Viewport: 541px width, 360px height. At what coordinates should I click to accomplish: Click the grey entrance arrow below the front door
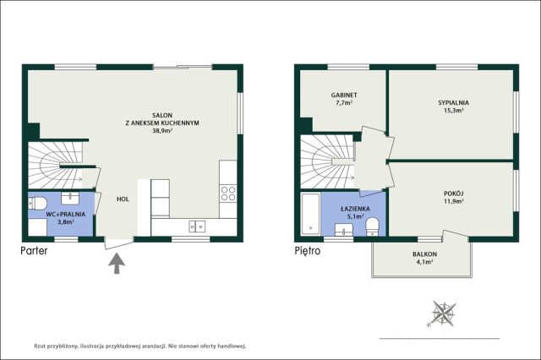[117, 263]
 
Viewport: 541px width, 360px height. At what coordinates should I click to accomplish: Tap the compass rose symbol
[443, 314]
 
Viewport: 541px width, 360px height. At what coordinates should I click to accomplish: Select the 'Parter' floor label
[34, 251]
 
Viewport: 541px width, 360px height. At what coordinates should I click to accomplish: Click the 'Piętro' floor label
[308, 251]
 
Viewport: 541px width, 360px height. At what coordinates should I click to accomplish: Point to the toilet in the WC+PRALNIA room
[37, 203]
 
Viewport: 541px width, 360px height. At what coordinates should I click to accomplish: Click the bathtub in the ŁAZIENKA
[310, 214]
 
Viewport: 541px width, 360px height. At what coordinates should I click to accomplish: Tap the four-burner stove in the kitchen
[228, 194]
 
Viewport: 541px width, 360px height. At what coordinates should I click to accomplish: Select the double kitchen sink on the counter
[197, 226]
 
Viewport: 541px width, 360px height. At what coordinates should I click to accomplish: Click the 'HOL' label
[123, 199]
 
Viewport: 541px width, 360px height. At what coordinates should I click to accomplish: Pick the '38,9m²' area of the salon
[162, 131]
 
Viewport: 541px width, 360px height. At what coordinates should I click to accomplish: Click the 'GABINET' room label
[344, 95]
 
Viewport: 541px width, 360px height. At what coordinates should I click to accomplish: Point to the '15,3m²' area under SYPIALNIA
[453, 111]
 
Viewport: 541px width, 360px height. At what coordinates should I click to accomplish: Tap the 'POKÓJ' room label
[453, 194]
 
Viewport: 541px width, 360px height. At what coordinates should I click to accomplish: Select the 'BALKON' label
[424, 254]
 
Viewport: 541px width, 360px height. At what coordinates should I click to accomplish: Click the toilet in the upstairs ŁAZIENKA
[372, 226]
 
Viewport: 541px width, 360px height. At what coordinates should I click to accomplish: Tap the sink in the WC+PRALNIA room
[70, 199]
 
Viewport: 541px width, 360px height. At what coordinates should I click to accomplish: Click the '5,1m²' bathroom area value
[355, 216]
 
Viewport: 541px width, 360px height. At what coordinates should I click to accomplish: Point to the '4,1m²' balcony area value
[424, 262]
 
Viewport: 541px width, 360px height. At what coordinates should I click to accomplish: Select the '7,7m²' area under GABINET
[344, 103]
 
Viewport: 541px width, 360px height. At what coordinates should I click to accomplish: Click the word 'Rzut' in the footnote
[40, 346]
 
